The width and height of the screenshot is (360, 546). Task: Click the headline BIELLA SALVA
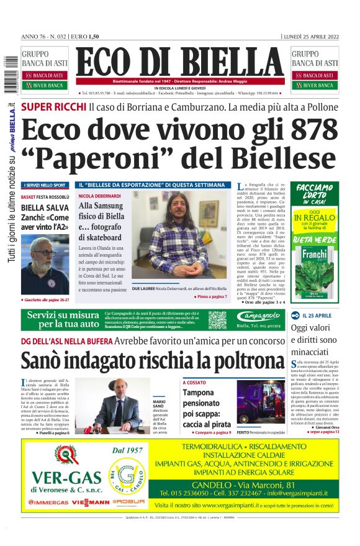[x=45, y=207]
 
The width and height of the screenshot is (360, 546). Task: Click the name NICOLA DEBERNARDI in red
[x=100, y=196]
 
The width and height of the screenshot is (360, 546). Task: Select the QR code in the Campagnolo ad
[x=217, y=320]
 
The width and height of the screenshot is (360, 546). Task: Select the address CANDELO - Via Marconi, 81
[x=269, y=484]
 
